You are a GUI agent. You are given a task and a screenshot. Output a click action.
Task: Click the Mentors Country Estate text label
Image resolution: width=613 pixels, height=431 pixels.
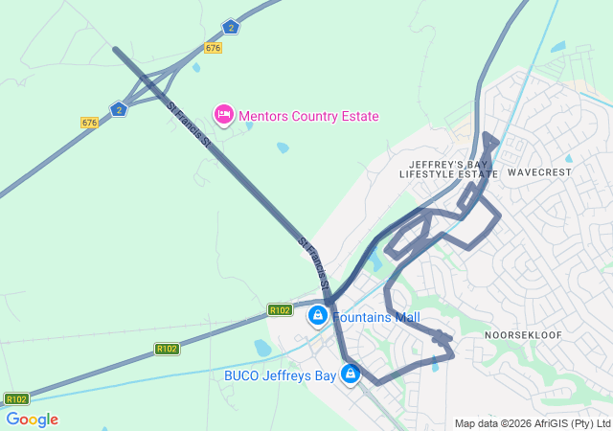(308, 116)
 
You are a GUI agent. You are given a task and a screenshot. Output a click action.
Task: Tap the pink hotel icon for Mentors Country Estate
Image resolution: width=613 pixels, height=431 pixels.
(224, 115)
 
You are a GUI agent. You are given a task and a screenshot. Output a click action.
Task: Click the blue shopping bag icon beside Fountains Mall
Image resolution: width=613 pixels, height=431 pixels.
(317, 314)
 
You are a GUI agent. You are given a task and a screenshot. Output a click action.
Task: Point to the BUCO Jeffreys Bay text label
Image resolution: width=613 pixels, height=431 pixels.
(280, 375)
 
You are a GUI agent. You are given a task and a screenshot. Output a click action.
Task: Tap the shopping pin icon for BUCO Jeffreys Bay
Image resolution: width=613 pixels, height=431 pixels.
(351, 373)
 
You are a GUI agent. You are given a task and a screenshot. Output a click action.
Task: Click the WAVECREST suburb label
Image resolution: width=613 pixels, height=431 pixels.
(539, 172)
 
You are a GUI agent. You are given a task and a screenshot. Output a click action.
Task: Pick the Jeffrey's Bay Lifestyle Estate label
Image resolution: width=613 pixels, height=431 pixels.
(443, 170)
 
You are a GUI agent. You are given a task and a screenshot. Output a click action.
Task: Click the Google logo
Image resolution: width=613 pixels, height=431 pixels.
(32, 420)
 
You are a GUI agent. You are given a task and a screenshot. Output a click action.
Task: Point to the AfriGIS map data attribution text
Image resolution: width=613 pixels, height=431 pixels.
(533, 423)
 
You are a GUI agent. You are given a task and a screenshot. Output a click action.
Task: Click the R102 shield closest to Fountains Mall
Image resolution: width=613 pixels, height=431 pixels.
(280, 309)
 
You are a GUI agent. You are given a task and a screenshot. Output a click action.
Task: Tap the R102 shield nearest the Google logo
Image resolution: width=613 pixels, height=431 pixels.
(16, 398)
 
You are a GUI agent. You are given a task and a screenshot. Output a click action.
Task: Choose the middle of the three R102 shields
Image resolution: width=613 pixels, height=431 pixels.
(167, 349)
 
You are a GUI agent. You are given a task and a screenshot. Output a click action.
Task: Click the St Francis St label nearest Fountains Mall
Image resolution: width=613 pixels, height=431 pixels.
(315, 265)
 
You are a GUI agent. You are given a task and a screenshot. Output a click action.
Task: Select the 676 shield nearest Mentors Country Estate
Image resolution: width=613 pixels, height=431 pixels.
(213, 48)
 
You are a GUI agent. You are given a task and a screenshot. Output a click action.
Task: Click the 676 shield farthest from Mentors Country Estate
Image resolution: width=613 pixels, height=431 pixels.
(90, 122)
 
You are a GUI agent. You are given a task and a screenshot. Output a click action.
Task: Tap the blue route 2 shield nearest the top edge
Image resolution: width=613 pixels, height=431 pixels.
(230, 27)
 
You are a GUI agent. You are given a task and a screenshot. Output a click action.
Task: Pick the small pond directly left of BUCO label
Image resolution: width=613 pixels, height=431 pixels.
(262, 347)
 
